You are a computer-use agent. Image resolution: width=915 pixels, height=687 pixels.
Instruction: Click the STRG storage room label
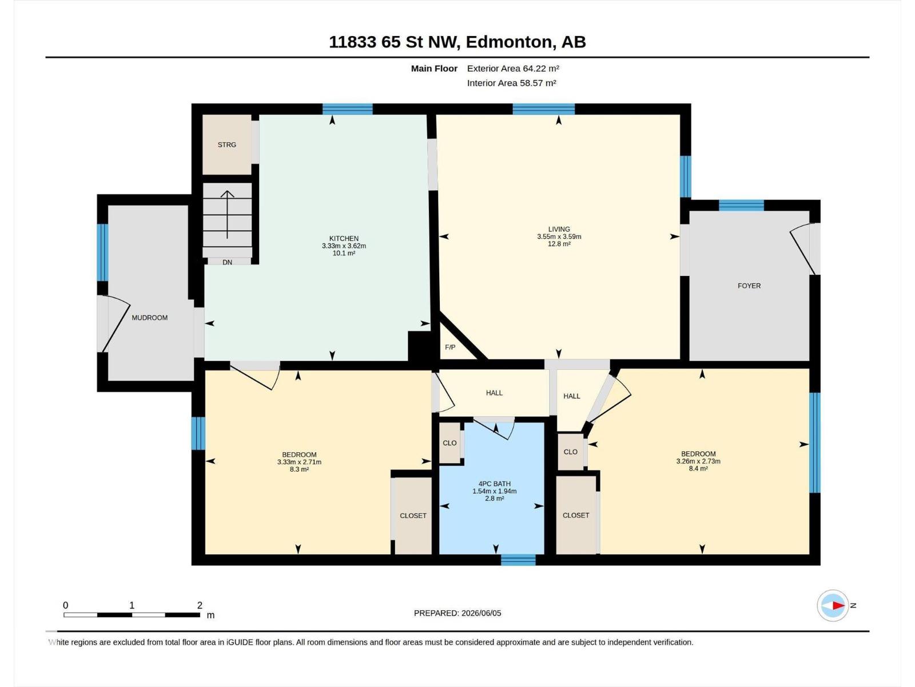227,145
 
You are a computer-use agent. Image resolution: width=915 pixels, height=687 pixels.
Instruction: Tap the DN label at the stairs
227,262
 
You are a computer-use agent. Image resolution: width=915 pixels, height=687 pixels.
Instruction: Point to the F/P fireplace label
450,347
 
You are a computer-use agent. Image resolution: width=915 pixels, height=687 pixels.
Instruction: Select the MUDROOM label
150,318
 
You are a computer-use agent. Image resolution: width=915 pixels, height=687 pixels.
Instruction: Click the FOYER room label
749,286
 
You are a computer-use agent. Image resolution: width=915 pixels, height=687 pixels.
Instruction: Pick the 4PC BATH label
495,484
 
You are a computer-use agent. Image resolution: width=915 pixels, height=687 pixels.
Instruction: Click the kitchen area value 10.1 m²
344,253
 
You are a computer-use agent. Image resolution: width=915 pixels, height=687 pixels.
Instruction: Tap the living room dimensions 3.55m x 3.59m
559,236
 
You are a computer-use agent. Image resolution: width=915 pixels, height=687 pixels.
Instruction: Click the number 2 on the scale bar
200,605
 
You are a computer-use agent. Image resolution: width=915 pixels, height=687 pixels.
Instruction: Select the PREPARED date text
457,613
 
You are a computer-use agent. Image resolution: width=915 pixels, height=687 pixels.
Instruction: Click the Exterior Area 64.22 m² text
513,68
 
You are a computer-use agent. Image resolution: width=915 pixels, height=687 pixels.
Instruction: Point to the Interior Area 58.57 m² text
511,83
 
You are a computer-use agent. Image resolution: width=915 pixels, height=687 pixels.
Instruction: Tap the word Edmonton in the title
511,42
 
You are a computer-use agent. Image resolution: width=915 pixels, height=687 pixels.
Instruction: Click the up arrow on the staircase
227,214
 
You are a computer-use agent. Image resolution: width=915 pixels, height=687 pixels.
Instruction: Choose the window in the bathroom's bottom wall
518,560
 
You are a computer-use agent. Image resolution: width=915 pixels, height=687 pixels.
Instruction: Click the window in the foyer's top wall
741,205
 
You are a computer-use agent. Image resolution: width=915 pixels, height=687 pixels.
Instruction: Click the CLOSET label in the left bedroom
413,516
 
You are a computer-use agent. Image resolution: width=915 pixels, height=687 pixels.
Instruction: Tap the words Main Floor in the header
434,68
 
